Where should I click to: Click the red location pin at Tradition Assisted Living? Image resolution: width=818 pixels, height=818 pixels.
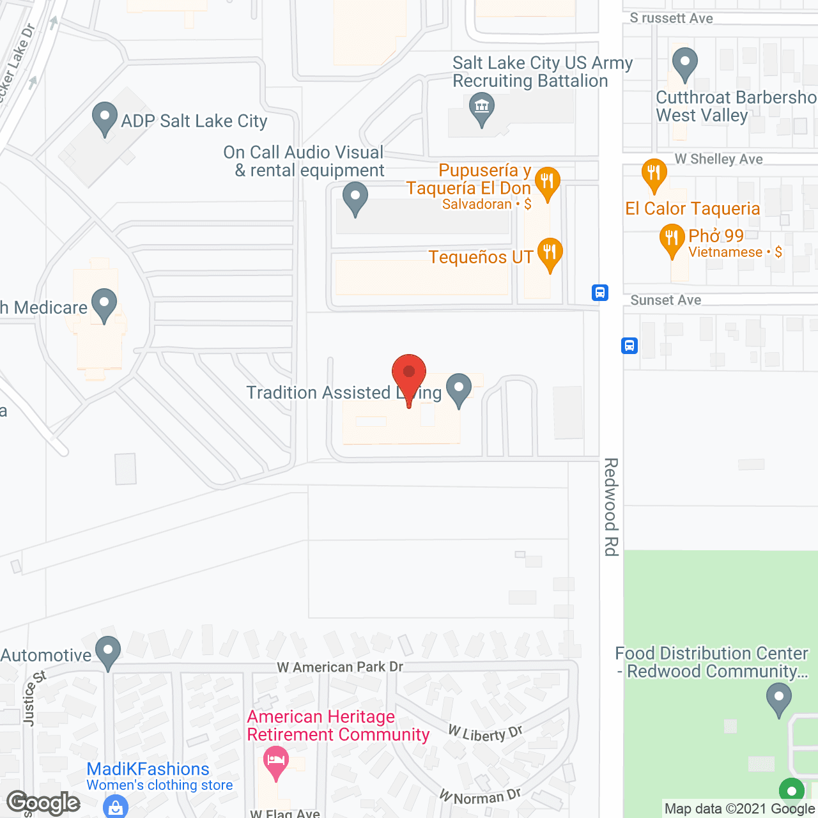[x=408, y=374]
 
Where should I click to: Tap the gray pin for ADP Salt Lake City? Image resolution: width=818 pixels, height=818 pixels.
[x=105, y=118]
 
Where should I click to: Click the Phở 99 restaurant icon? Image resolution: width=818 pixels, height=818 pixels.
[x=672, y=239]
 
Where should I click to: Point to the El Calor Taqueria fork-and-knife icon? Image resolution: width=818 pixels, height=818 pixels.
[x=654, y=174]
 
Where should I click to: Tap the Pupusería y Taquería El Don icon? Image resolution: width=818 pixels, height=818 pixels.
[x=547, y=183]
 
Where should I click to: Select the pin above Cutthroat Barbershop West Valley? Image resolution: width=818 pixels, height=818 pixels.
[x=685, y=64]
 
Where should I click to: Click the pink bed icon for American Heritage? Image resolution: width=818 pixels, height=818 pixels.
[x=275, y=762]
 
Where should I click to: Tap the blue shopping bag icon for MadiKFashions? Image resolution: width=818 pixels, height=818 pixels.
[x=116, y=806]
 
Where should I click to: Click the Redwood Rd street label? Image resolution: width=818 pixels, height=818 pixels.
[x=612, y=506]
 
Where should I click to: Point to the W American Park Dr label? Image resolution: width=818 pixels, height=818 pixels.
[x=340, y=667]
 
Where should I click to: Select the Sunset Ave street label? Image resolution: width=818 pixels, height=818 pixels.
[x=665, y=300]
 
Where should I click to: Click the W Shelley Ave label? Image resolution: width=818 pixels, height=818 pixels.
[x=718, y=159]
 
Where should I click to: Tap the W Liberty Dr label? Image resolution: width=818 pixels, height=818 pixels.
[x=486, y=734]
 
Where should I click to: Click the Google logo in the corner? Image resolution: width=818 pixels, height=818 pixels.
[x=43, y=803]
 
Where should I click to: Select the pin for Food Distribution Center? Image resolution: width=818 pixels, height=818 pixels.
[x=778, y=698]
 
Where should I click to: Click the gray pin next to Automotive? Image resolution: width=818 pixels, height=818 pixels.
[x=108, y=652]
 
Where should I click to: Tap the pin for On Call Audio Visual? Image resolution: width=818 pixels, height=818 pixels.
[x=355, y=197]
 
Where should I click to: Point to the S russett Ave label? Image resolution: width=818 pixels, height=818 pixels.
[x=671, y=19]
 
